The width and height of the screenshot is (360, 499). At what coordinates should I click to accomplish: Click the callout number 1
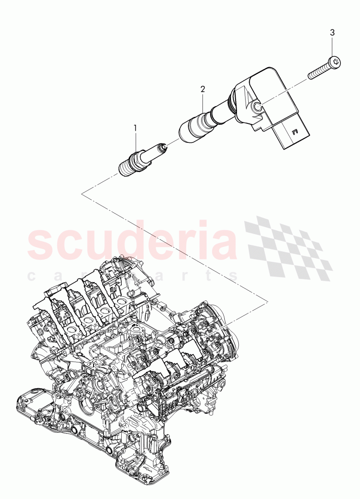(x=135, y=129)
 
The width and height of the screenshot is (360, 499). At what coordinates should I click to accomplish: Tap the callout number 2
(x=203, y=89)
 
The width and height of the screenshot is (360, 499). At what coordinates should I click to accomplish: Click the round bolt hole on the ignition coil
(x=257, y=107)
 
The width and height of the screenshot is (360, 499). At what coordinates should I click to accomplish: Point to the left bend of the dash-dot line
(x=82, y=194)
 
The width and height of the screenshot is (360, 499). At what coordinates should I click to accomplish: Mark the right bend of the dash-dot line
(x=267, y=299)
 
